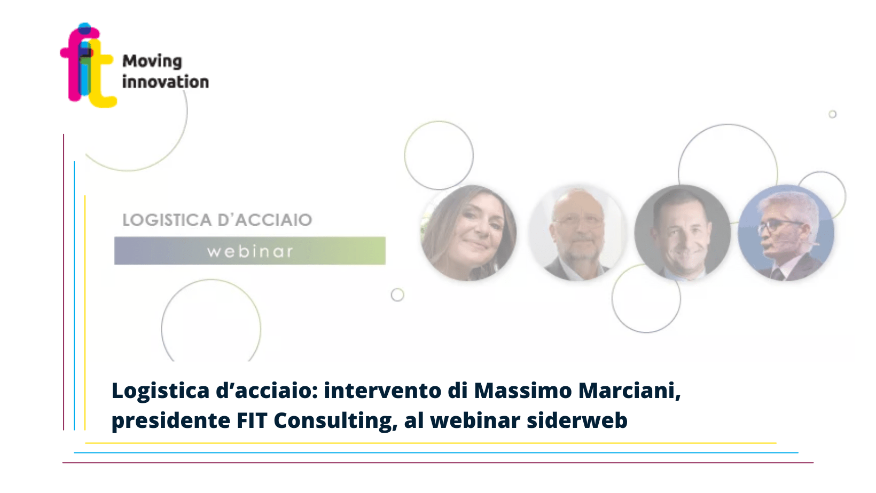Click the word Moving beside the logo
point(152,61)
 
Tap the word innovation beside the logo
point(166,82)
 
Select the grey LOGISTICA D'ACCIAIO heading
point(217,220)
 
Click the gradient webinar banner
point(250,251)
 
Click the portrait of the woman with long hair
point(468,233)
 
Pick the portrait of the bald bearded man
point(577,233)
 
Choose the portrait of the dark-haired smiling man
point(682,233)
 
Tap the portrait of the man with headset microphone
point(786,233)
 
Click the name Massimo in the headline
point(523,390)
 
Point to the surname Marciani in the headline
point(630,391)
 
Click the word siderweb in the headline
point(577,420)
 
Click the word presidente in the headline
point(171,422)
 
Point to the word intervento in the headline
point(382,390)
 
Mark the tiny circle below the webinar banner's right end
point(397,295)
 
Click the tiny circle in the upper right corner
point(833,114)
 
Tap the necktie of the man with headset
point(778,274)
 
